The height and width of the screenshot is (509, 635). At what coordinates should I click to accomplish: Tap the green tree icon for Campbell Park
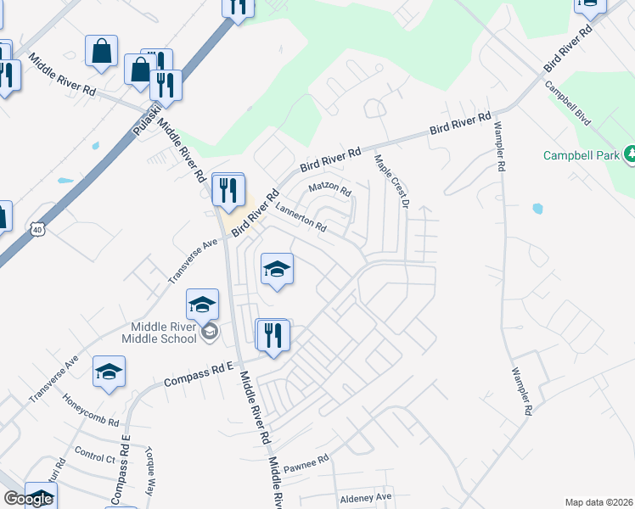(630, 154)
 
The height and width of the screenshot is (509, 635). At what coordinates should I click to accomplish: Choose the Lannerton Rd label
(300, 216)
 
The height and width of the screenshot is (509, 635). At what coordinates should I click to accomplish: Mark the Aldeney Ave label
(366, 496)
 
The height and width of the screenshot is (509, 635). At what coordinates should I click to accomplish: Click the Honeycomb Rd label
(91, 411)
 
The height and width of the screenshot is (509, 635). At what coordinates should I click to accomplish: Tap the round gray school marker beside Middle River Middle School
(210, 333)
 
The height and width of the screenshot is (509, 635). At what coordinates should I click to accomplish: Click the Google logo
(28, 498)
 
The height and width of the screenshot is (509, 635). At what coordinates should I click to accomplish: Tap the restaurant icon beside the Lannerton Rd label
(227, 189)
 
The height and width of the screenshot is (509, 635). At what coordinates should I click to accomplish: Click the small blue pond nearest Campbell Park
(537, 209)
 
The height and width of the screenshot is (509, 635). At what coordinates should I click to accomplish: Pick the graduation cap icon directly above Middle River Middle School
(202, 305)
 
